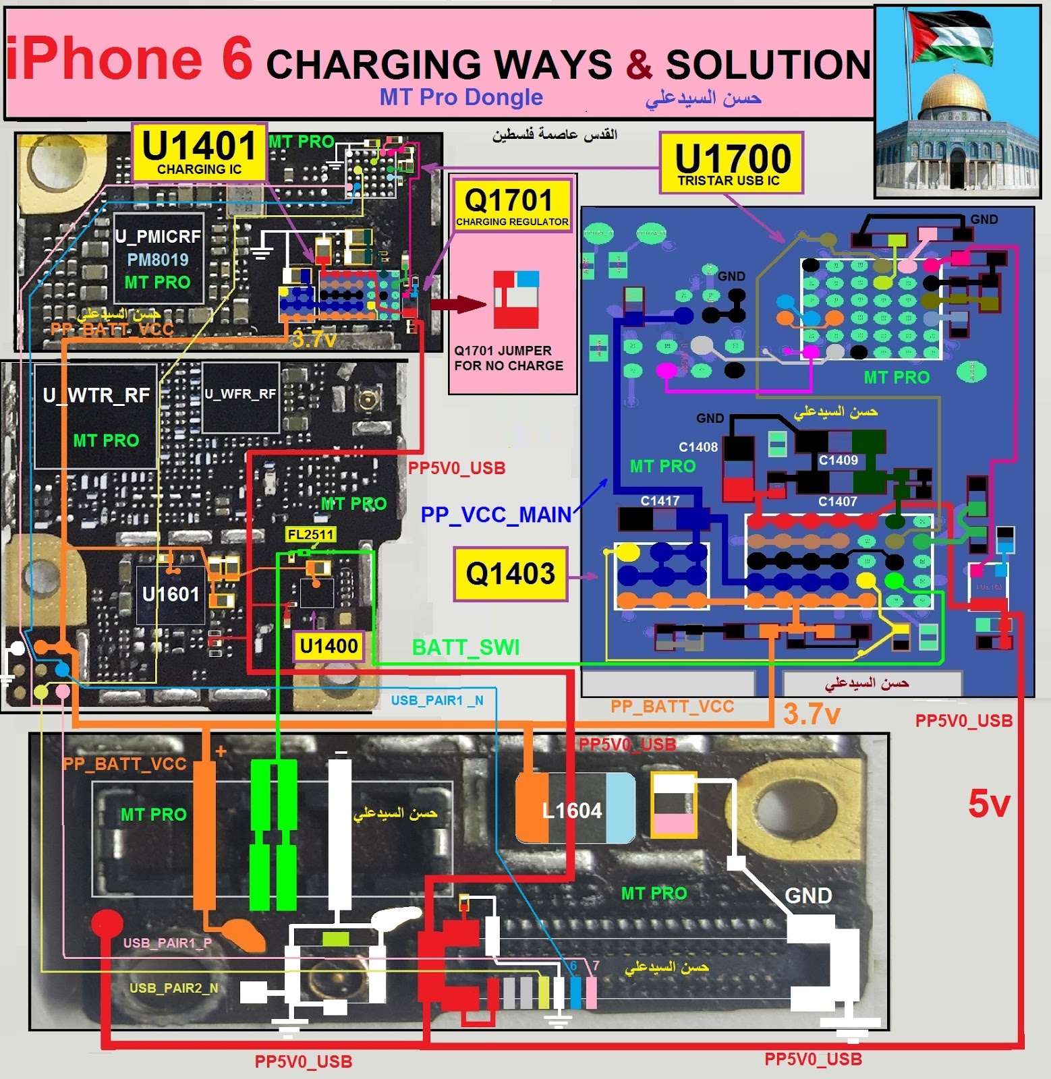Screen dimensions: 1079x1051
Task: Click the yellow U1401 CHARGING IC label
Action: (x=200, y=152)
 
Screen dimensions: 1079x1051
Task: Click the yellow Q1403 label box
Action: (x=510, y=574)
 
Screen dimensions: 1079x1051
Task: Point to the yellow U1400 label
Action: (x=329, y=646)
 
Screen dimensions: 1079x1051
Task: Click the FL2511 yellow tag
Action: (x=310, y=535)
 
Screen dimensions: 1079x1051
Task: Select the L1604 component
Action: (x=573, y=810)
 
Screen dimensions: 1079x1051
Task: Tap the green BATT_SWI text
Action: (x=465, y=647)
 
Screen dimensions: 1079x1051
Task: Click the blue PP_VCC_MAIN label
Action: (x=496, y=515)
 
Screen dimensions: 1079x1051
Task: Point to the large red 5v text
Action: (x=988, y=804)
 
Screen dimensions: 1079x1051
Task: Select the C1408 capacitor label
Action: (x=698, y=447)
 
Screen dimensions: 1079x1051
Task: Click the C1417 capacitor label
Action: (x=660, y=500)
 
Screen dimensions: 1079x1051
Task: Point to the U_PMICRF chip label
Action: (x=158, y=236)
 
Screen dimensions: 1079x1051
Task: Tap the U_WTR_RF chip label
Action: (x=96, y=395)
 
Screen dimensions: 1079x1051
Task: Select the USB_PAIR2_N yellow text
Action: (x=173, y=989)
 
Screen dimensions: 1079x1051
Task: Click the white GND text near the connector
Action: (x=808, y=896)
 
